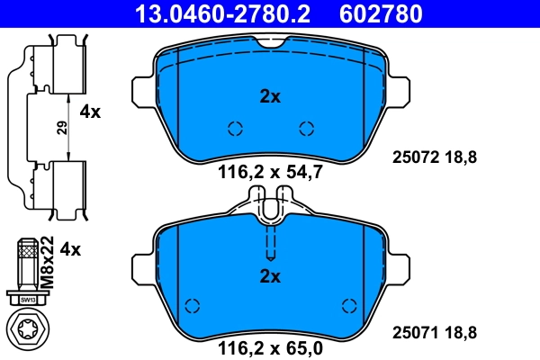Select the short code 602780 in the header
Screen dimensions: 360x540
point(379,13)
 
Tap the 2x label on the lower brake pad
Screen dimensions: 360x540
point(270,275)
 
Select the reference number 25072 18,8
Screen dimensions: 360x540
point(435,157)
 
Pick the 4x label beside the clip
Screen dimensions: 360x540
point(91,112)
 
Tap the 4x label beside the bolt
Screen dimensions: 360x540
point(69,249)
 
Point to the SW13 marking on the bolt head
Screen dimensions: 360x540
point(27,299)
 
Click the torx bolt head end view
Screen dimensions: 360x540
point(27,329)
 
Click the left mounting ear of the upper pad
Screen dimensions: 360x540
point(140,90)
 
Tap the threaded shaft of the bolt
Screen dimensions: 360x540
point(27,265)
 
